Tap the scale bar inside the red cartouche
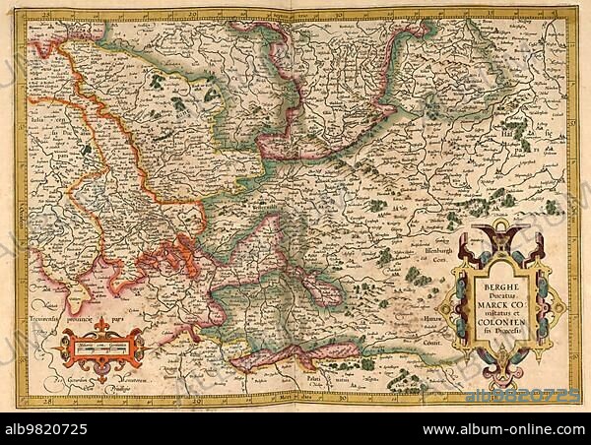pyautogui.click(x=100, y=346)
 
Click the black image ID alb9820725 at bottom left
pyautogui.click(x=47, y=429)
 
